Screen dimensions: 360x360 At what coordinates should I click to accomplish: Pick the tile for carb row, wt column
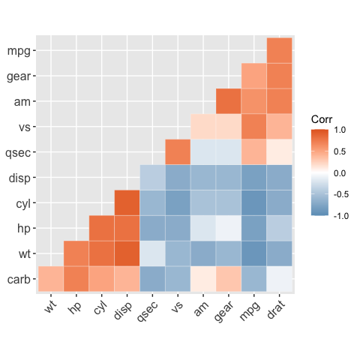(x=51, y=279)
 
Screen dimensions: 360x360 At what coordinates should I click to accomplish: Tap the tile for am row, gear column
(x=229, y=101)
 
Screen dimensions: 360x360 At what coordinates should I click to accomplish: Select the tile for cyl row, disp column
(x=127, y=202)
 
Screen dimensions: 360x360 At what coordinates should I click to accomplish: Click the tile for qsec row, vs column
(x=178, y=152)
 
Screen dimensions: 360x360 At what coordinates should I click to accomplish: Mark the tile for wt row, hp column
(x=76, y=253)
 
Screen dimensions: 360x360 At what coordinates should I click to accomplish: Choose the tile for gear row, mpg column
(x=253, y=76)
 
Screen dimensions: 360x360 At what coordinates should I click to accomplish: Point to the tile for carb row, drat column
(x=279, y=279)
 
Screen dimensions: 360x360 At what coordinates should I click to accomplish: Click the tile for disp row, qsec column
(x=152, y=178)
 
